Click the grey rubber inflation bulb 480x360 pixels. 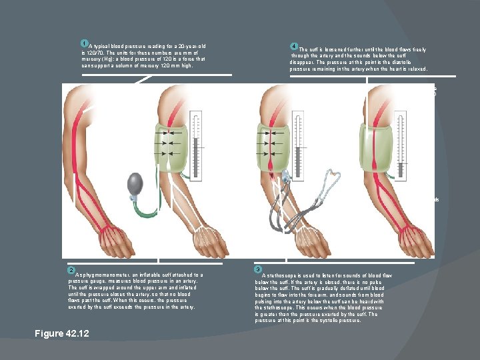(135, 183)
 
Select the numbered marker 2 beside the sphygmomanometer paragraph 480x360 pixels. (71, 270)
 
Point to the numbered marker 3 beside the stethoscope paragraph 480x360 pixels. (258, 270)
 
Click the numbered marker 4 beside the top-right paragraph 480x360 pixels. (293, 46)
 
